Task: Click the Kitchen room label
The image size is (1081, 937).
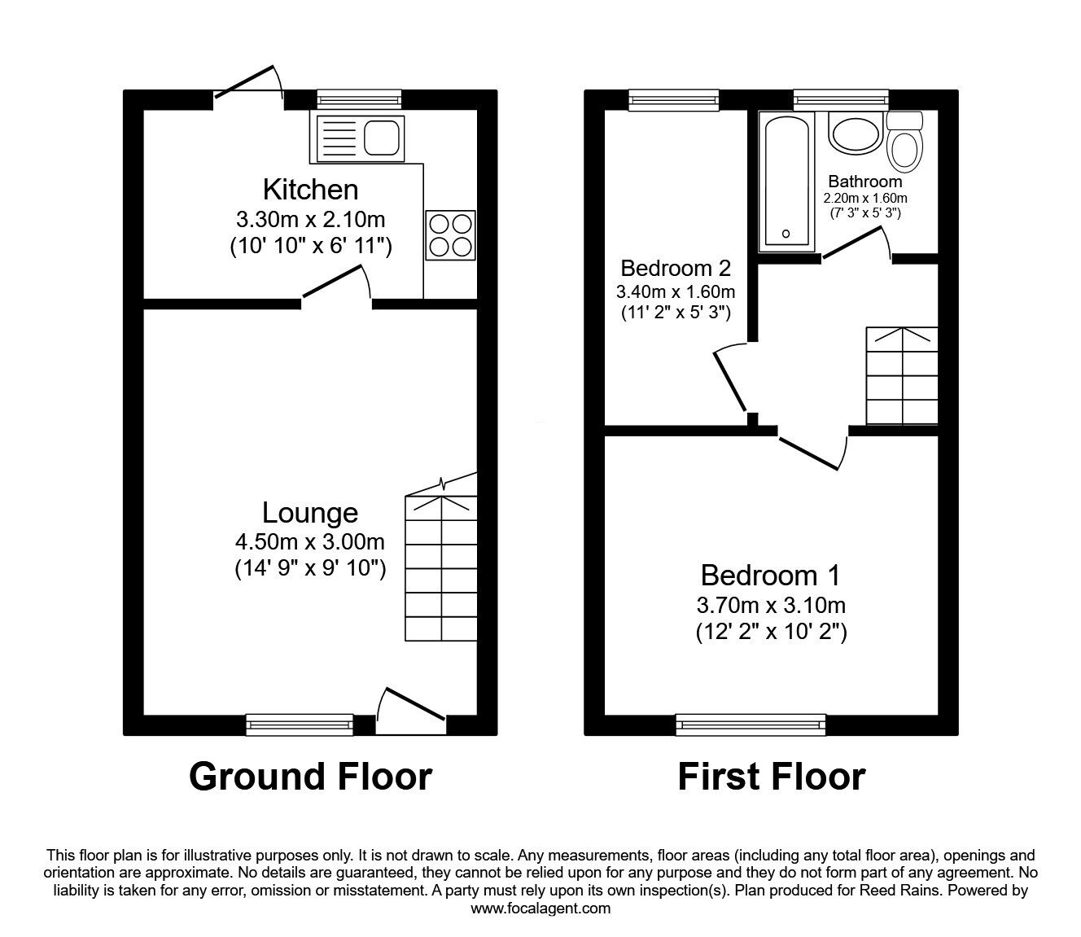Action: coord(310,190)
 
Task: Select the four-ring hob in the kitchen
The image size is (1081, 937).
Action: coord(449,234)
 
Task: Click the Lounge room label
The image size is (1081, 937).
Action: coord(310,513)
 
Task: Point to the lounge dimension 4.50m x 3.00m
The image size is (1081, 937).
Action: coord(310,541)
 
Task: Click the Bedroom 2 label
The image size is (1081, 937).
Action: coord(676,268)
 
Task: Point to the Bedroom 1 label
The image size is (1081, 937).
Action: coord(770,576)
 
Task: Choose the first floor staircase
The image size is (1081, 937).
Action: coord(902,375)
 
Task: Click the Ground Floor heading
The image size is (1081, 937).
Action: coord(310,777)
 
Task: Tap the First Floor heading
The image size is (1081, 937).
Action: coord(771,777)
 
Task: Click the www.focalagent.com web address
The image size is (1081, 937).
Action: coord(540,909)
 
